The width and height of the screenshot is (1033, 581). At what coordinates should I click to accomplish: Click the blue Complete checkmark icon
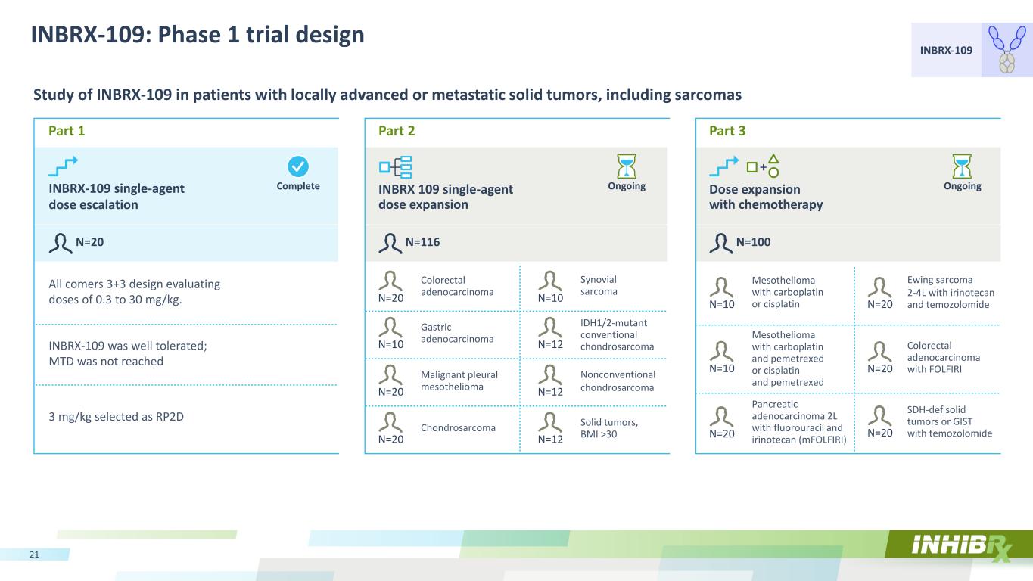(x=298, y=166)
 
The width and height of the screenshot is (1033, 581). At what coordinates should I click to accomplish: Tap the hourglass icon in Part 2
(x=627, y=166)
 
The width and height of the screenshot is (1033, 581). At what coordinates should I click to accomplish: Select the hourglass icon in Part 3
(x=962, y=166)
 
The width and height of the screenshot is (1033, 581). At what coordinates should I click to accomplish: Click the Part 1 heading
(x=67, y=131)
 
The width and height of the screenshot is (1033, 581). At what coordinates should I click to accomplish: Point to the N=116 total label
(x=422, y=242)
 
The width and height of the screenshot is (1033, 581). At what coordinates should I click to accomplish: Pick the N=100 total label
(x=753, y=242)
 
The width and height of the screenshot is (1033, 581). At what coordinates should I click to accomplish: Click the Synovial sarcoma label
(x=599, y=285)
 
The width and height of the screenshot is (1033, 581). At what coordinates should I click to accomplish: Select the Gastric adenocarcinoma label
(x=457, y=333)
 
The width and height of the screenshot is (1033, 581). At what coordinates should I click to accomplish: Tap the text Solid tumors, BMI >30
(x=608, y=428)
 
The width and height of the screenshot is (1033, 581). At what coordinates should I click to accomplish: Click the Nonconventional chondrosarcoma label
(x=618, y=381)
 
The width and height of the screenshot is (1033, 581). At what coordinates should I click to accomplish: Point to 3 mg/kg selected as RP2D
(x=117, y=417)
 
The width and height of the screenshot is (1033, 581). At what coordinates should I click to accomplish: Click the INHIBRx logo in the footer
(x=962, y=547)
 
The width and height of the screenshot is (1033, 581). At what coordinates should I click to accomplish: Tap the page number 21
(x=34, y=555)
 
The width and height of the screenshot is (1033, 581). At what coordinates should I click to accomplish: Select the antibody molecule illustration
(x=1007, y=49)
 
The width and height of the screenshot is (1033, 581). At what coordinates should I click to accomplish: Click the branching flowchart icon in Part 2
(x=395, y=167)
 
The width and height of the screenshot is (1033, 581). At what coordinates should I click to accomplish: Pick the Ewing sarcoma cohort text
(x=951, y=292)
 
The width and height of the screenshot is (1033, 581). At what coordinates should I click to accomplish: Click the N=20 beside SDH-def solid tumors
(x=880, y=433)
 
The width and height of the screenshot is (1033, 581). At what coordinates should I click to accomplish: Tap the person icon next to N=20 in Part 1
(x=61, y=243)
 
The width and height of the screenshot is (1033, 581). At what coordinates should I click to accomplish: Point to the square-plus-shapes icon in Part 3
(x=763, y=166)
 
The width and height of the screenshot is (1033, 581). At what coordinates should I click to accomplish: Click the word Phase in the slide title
(x=194, y=35)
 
